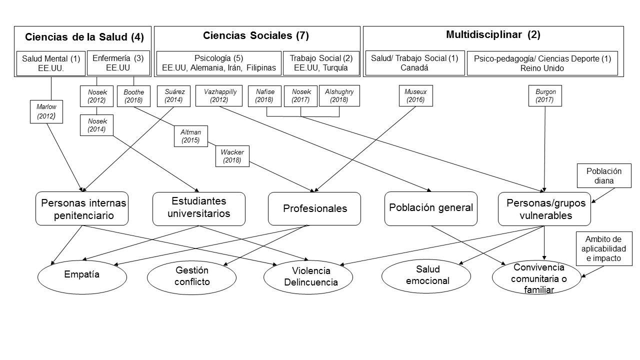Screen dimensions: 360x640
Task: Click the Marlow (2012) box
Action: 46,111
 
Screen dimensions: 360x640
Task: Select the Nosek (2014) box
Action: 96,125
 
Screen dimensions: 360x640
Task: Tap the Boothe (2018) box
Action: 133,96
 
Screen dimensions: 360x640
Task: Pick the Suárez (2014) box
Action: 173,96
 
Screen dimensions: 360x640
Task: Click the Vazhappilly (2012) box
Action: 219,96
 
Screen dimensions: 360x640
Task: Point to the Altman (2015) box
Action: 190,136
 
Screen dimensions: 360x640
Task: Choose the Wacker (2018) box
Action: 232,156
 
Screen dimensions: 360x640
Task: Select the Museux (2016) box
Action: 415,96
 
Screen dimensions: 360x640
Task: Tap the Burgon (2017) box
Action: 545,96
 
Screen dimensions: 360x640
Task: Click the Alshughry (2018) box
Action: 339,96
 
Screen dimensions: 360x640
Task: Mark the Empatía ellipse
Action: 82,274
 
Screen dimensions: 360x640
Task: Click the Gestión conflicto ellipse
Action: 192,276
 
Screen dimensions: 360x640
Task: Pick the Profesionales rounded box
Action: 314,208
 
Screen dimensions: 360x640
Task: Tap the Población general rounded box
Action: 431,207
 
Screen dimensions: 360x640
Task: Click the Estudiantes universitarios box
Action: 198,208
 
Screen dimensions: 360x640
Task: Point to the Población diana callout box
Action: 604,175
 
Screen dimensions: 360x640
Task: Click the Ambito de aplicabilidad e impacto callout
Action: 602,248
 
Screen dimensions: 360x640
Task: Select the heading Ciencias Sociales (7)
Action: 256,35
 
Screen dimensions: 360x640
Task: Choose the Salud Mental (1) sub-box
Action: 50,63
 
